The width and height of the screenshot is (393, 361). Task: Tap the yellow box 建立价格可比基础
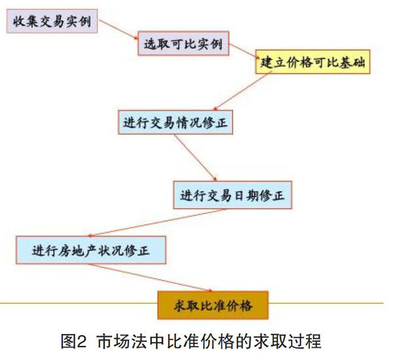click(x=312, y=63)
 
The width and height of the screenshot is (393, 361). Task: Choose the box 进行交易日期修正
click(x=233, y=196)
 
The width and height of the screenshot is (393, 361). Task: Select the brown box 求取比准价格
click(x=212, y=305)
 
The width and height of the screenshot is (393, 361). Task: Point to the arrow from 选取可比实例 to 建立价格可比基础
click(x=242, y=51)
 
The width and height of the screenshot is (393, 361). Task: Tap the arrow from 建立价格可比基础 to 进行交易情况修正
click(x=242, y=92)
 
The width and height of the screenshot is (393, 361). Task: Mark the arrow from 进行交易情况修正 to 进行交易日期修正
click(x=200, y=158)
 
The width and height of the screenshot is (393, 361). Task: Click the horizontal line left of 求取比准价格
click(x=79, y=303)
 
